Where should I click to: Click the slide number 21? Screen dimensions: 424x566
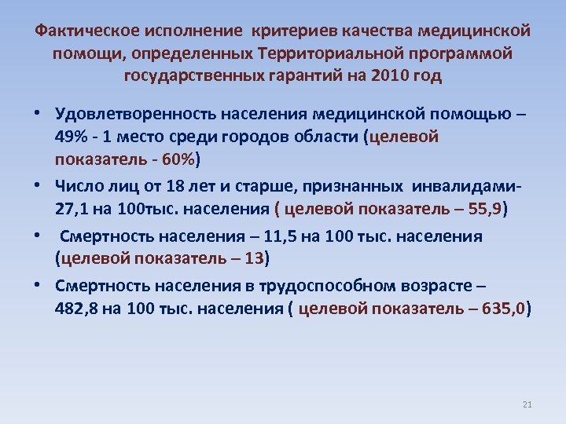pyautogui.click(x=527, y=405)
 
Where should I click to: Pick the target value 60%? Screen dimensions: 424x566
pyautogui.click(x=179, y=159)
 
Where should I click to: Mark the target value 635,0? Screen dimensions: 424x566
pyautogui.click(x=503, y=309)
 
